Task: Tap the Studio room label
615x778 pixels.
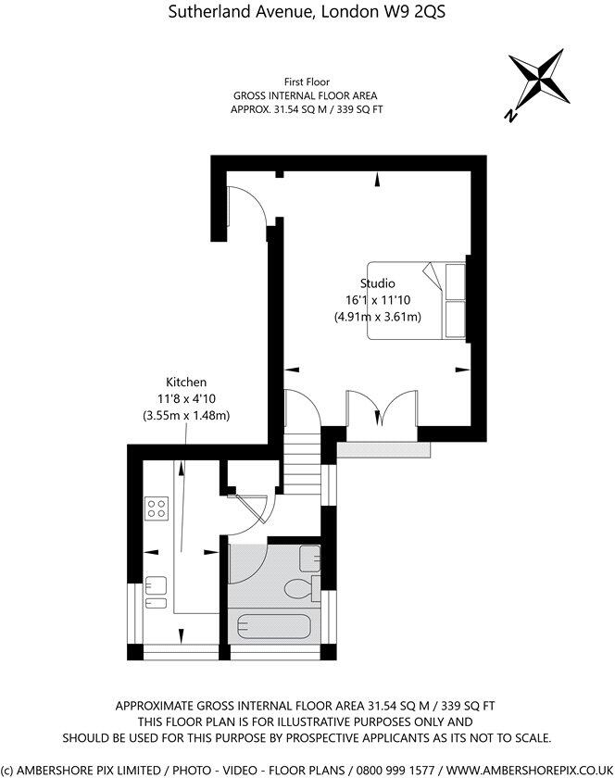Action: click(x=378, y=283)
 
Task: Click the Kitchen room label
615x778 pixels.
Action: click(x=186, y=382)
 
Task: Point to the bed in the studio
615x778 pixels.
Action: click(x=417, y=300)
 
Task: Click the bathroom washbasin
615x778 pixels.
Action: click(x=310, y=558)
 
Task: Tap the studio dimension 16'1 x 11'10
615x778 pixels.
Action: click(x=378, y=300)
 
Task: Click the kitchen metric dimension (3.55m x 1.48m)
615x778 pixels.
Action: click(x=186, y=415)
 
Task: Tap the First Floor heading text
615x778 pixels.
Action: click(x=305, y=82)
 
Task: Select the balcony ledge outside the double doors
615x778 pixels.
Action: click(x=384, y=449)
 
